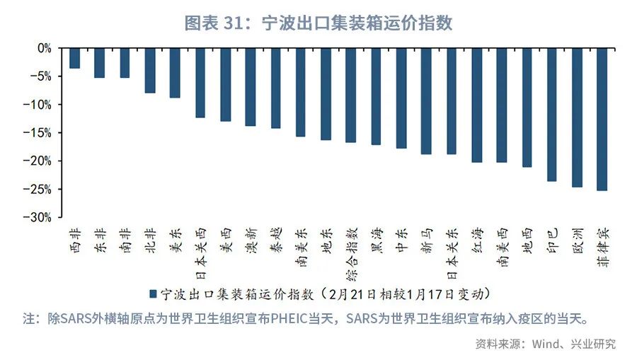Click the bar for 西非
74,59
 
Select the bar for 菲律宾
602,120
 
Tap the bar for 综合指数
350,95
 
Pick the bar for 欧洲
577,117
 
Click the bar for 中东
401,98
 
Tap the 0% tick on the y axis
44,48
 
